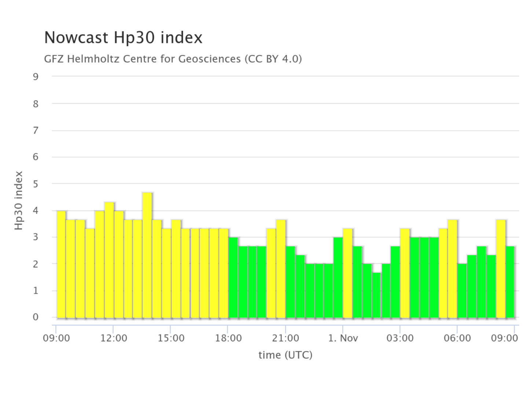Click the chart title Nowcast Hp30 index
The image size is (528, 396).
click(123, 38)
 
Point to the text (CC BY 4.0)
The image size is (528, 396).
click(273, 59)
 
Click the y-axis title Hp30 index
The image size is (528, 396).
click(19, 201)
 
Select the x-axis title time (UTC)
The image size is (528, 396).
click(285, 355)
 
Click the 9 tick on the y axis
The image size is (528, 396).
click(36, 77)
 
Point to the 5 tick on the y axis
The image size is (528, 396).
click(36, 184)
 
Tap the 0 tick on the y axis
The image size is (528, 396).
click(36, 317)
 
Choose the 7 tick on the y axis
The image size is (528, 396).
click(36, 131)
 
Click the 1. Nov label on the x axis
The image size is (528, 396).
click(343, 338)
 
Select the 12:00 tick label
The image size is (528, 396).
click(113, 338)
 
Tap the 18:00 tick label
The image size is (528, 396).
click(228, 338)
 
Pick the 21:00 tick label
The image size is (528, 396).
click(285, 338)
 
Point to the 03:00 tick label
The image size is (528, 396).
click(400, 338)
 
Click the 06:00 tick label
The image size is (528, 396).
click(457, 338)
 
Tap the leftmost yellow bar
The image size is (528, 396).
click(61, 264)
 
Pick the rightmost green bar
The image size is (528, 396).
click(510, 282)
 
